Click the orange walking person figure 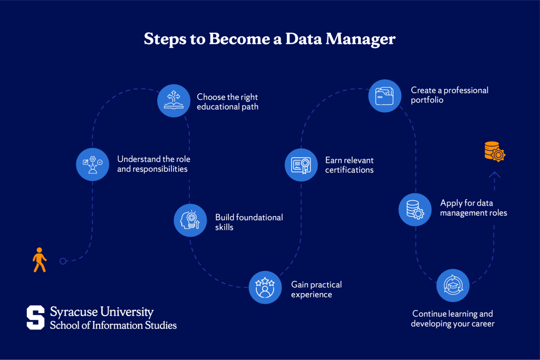click(40, 259)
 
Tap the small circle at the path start click(63, 261)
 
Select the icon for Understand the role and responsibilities click(92, 163)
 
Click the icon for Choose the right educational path click(173, 100)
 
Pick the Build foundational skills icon click(190, 220)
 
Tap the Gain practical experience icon click(265, 287)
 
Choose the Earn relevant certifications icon click(301, 164)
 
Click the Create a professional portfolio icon click(385, 96)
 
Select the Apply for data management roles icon click(415, 209)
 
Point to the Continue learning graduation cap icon click(453, 285)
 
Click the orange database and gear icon click(495, 151)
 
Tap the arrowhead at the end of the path click(494, 174)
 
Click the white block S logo click(36, 318)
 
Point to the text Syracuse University click(102, 312)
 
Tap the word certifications click(349, 170)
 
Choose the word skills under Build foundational click(224, 227)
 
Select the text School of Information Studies click(113, 325)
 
